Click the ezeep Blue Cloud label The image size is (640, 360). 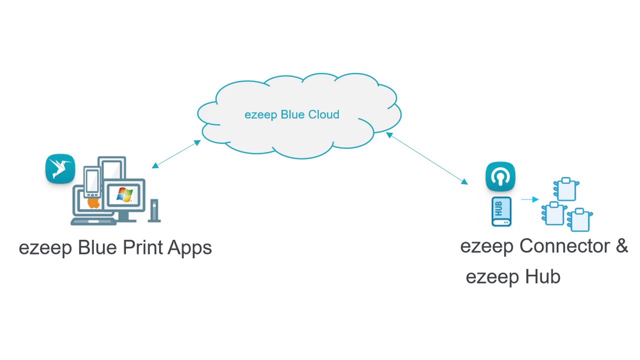(x=291, y=114)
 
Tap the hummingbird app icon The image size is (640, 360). (x=60, y=169)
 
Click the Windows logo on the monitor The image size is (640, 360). (x=124, y=194)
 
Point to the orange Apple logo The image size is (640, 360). (x=93, y=202)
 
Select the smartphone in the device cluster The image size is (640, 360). (x=92, y=181)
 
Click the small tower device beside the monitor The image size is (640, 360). (x=154, y=210)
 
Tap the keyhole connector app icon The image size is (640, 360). (x=500, y=176)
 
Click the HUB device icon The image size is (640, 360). (x=501, y=211)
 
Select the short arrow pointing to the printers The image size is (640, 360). (x=529, y=199)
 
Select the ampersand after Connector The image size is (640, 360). (x=621, y=246)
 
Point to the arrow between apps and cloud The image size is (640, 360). (x=176, y=154)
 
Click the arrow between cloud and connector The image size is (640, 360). (x=426, y=158)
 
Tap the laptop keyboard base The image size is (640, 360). (x=93, y=220)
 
